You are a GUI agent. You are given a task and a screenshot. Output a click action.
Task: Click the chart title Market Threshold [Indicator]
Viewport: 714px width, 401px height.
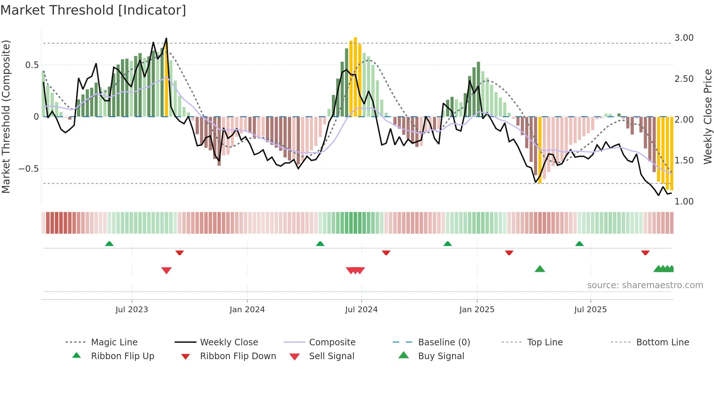click(93, 10)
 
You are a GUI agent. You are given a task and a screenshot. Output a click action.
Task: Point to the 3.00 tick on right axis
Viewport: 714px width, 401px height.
click(684, 38)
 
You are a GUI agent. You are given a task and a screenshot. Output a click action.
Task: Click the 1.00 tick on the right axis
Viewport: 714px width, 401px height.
click(684, 202)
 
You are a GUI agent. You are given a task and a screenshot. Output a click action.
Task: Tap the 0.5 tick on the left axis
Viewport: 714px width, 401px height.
click(32, 65)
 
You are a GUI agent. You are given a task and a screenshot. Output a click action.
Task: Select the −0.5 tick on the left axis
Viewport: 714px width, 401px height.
click(28, 169)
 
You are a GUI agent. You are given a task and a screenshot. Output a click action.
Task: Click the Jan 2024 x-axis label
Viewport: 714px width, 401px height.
click(247, 310)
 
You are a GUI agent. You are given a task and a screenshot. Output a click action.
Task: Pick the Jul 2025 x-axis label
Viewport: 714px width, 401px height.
click(590, 310)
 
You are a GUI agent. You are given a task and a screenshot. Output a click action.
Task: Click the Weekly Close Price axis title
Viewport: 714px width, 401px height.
click(707, 116)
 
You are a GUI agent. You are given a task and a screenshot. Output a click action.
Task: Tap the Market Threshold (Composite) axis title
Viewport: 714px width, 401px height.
click(6, 116)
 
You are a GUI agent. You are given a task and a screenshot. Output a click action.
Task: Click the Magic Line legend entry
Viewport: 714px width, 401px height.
click(114, 342)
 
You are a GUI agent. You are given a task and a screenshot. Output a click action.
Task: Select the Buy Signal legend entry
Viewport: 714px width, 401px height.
click(441, 356)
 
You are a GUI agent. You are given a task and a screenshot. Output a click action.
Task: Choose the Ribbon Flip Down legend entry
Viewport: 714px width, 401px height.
click(238, 356)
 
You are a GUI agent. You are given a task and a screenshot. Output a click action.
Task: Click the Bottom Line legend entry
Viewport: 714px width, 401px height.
click(662, 342)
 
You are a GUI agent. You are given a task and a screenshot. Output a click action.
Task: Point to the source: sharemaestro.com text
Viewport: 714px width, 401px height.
click(645, 285)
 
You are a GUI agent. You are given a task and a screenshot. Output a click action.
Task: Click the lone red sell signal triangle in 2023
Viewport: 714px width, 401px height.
click(166, 270)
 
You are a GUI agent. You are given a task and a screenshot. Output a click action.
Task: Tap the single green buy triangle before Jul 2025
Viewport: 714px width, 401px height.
click(540, 269)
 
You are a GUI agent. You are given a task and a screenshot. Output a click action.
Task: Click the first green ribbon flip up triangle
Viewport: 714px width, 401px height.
click(109, 244)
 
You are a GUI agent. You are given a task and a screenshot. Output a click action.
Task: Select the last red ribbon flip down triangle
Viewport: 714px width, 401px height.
click(645, 253)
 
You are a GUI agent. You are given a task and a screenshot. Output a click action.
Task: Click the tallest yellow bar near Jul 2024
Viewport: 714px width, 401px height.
click(355, 76)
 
